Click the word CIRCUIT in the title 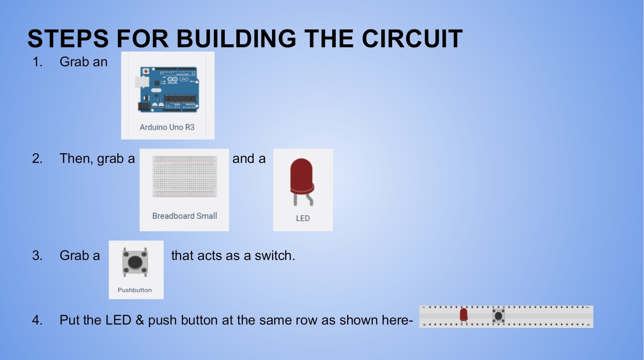point(412,39)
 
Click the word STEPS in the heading point(68,39)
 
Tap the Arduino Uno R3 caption point(167,127)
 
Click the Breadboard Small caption point(184,216)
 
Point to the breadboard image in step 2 point(184,177)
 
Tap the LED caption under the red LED point(303,218)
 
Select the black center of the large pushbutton point(135,262)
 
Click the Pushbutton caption point(135,290)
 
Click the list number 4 point(37,320)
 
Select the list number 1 point(37,62)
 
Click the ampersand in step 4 point(140,320)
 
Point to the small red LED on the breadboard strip point(463,314)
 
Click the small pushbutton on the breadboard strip point(498,316)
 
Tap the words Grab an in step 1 point(84,62)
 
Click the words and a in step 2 point(249,159)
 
